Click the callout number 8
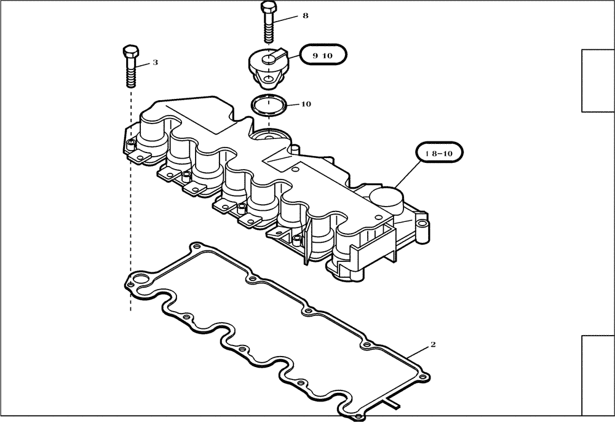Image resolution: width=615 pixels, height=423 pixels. [305, 16]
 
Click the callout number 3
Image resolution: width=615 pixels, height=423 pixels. [155, 63]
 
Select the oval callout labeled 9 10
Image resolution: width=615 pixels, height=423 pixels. [323, 55]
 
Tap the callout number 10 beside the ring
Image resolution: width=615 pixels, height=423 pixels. [306, 104]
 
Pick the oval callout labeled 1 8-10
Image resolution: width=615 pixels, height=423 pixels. [439, 152]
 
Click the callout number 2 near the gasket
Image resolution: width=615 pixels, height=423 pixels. [433, 345]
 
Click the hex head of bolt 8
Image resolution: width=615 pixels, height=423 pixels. [268, 8]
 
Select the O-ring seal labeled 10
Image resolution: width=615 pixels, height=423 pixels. [269, 105]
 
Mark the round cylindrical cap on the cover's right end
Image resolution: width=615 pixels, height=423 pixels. [386, 198]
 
